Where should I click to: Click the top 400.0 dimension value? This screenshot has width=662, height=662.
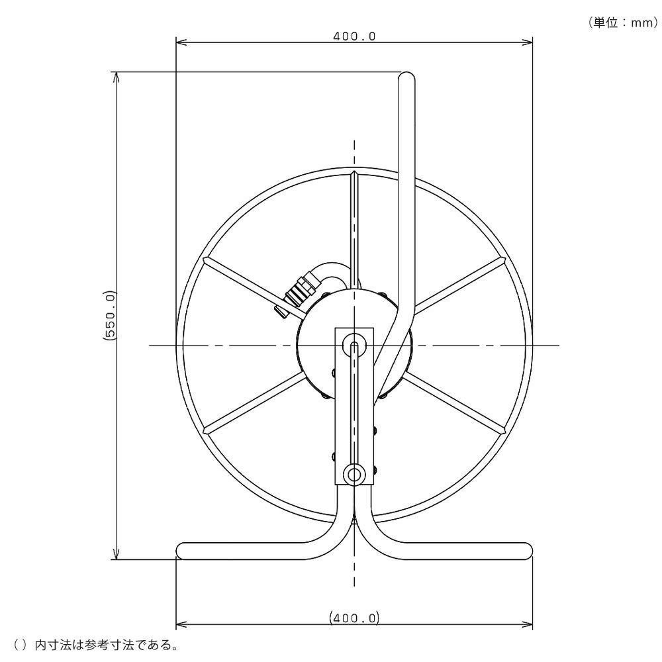(x=354, y=36)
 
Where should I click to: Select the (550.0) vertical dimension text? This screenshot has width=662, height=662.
(x=109, y=315)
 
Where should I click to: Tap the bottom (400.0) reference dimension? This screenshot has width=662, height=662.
(x=354, y=618)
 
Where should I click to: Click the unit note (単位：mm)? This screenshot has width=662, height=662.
(x=623, y=23)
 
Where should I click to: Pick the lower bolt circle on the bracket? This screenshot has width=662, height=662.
(x=354, y=474)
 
